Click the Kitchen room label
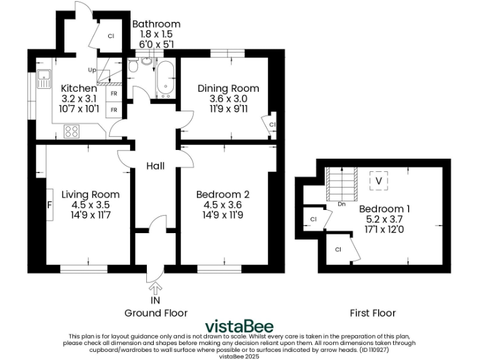79,89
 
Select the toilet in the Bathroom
147,61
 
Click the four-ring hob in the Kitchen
71,131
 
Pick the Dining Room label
228,89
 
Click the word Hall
155,166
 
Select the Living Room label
90,194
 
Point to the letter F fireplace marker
49,204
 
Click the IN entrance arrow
155,288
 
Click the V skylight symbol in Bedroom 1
378,181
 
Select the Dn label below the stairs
342,204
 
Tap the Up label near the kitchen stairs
92,70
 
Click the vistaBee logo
239,327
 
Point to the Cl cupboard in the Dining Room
272,124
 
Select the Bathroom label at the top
156,24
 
